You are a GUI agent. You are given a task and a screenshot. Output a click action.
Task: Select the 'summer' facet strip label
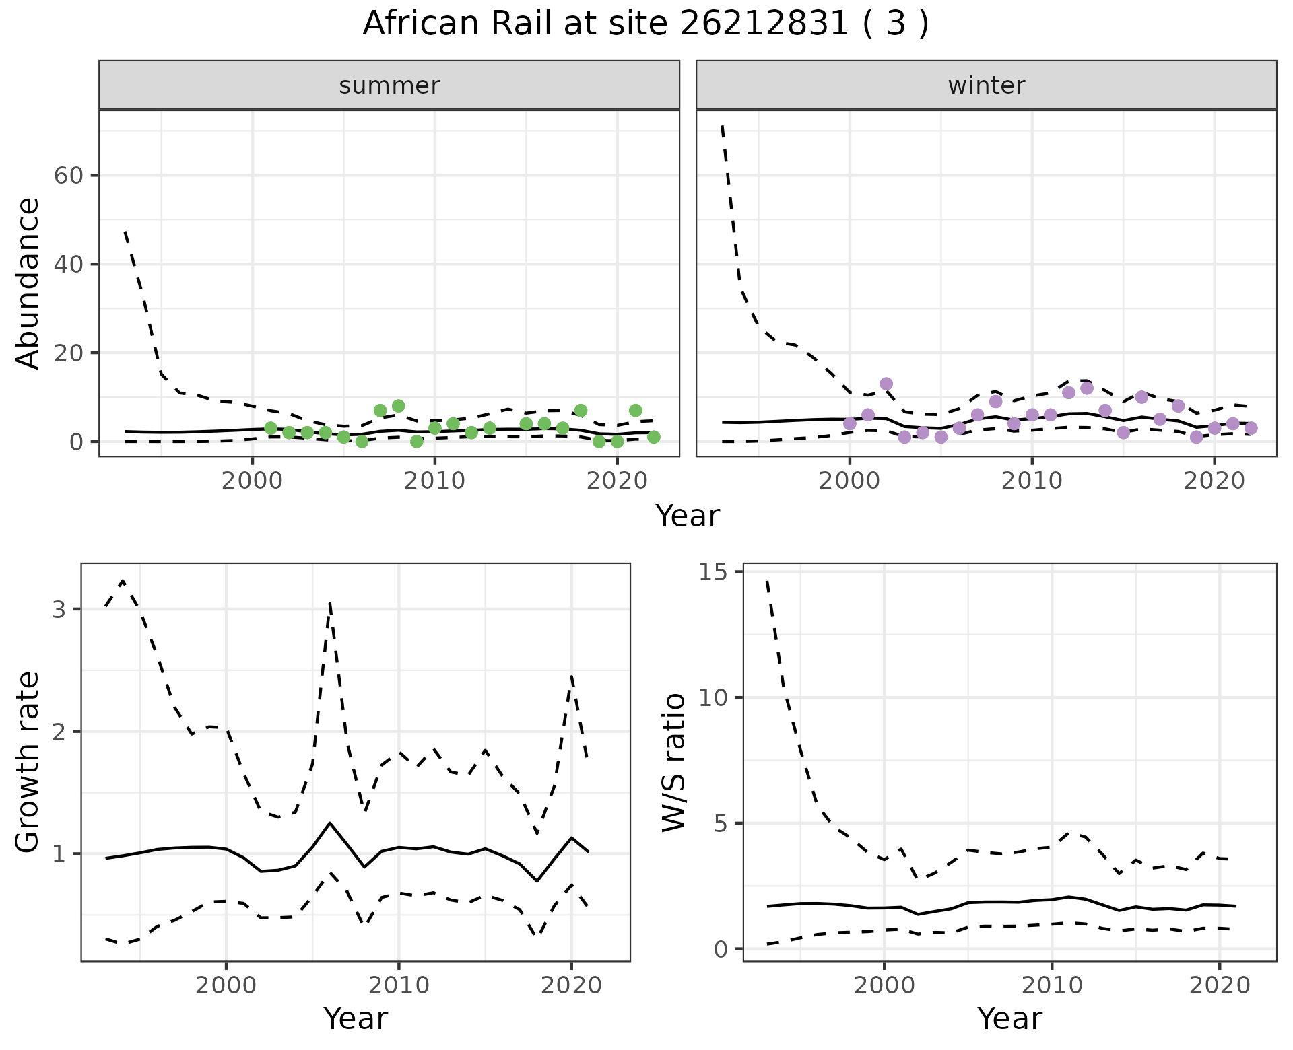click(389, 85)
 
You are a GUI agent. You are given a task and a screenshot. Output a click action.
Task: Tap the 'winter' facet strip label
click(986, 85)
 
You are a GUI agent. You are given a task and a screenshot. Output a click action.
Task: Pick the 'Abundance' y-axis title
click(28, 283)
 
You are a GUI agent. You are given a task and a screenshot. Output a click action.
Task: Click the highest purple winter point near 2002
click(886, 384)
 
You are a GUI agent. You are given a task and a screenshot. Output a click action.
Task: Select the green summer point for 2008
click(398, 406)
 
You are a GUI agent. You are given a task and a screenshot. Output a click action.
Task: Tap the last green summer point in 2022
click(653, 437)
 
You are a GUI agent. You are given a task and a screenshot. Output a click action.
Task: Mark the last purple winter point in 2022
click(1251, 428)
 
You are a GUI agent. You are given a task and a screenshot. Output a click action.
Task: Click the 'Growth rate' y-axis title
click(28, 763)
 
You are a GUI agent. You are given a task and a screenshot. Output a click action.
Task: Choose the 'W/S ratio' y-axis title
click(673, 763)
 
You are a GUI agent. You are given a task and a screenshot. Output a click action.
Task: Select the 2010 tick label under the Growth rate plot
click(399, 986)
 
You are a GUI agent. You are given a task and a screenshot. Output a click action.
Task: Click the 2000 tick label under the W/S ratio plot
click(884, 986)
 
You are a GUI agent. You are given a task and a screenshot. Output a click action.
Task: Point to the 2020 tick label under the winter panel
click(1214, 481)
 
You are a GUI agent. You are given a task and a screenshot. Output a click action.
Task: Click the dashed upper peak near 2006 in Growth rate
click(330, 604)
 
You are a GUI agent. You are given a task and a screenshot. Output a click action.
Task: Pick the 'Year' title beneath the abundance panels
click(688, 516)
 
